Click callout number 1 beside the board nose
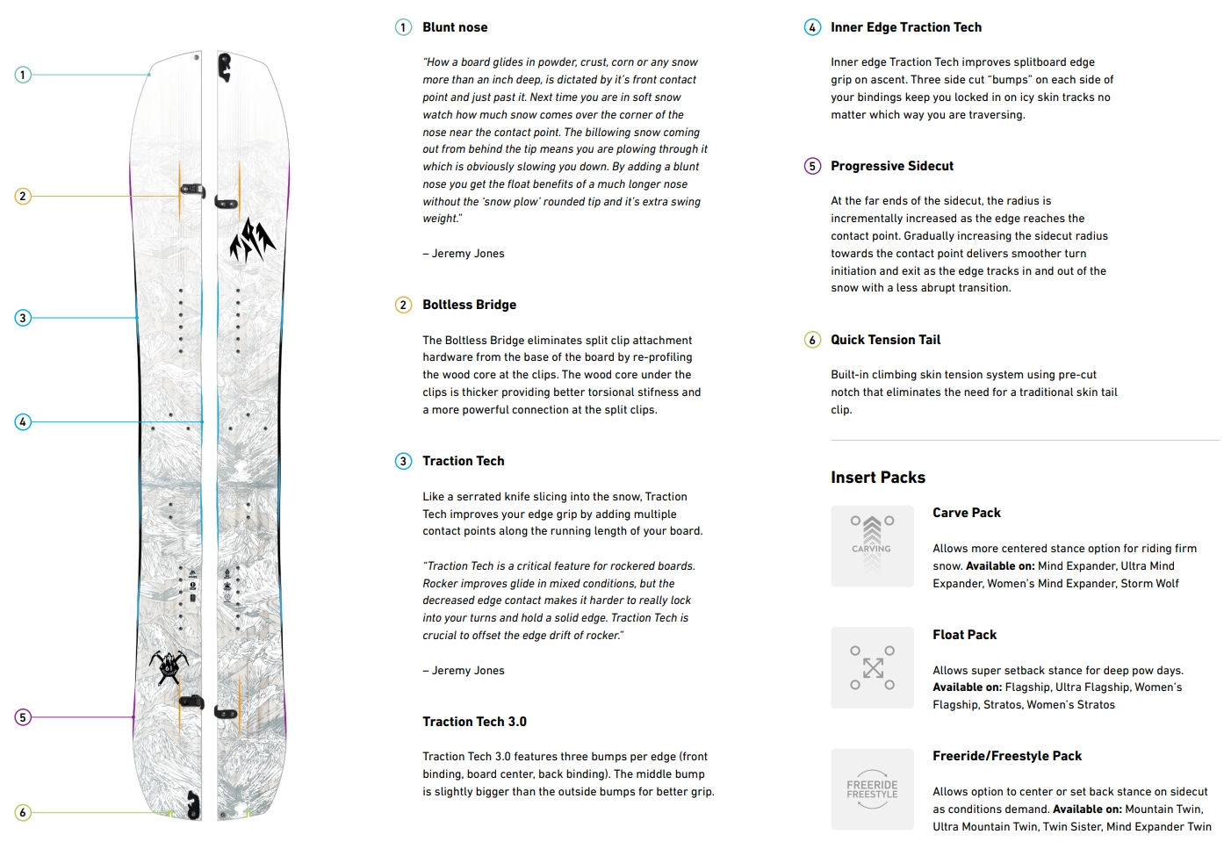(x=23, y=75)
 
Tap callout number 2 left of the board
(x=23, y=196)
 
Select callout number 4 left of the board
(x=23, y=422)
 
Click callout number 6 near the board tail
(x=23, y=813)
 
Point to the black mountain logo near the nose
(x=252, y=241)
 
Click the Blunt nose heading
(x=455, y=27)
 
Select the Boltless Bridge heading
(x=469, y=305)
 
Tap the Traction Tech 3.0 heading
(x=474, y=722)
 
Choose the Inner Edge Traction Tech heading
(x=906, y=27)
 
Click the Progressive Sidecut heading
(x=892, y=166)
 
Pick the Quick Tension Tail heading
(x=885, y=340)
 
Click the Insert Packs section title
(x=878, y=478)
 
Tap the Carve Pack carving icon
(x=872, y=546)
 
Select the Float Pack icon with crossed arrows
(x=872, y=668)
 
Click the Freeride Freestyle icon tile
(x=872, y=789)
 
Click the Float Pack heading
(x=964, y=635)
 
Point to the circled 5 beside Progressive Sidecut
(x=812, y=166)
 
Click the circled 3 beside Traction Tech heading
(x=403, y=461)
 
